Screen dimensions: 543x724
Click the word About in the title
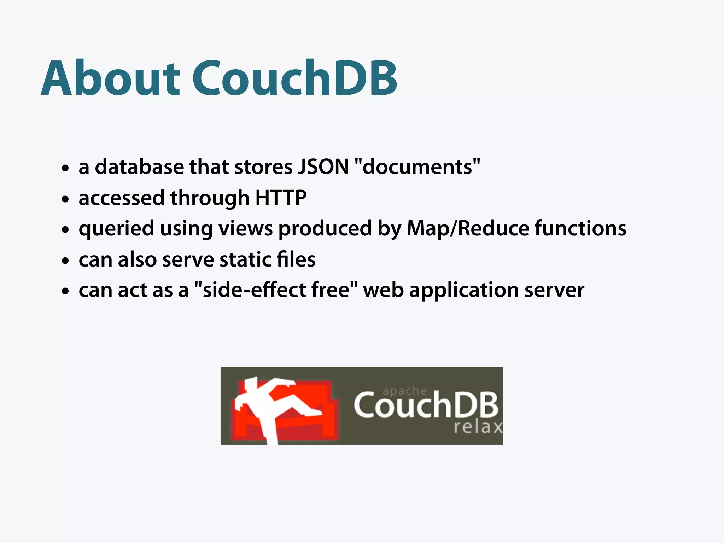(x=110, y=78)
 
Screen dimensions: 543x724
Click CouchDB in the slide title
(x=295, y=78)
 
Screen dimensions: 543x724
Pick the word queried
(x=116, y=229)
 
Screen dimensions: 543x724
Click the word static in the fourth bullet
(x=245, y=259)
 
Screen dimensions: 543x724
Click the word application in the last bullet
(x=464, y=291)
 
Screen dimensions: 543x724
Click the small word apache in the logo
(x=405, y=391)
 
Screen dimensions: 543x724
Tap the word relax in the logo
(x=478, y=427)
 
